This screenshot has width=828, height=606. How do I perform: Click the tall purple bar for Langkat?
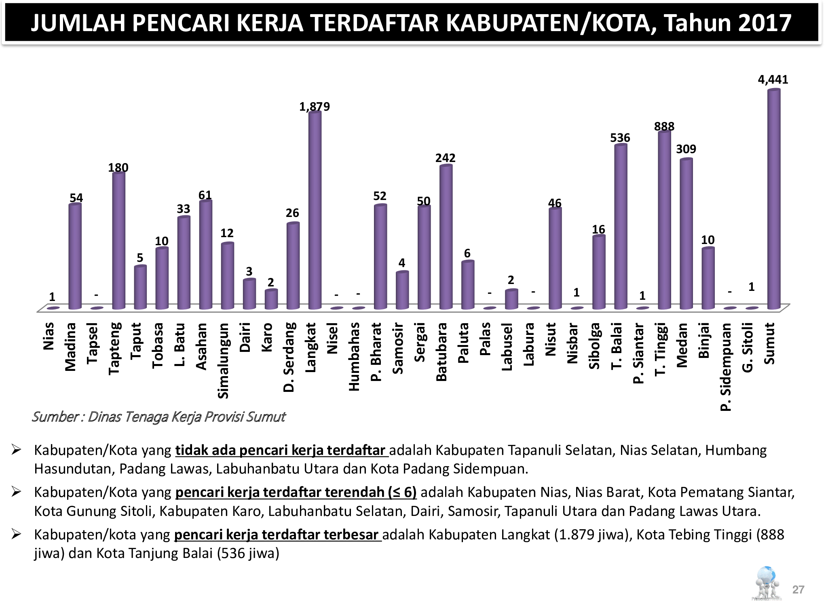pos(315,210)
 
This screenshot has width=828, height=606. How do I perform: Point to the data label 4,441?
pos(773,80)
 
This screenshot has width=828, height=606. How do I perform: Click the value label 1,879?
pos(314,107)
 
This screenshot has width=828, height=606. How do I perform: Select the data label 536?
pos(620,138)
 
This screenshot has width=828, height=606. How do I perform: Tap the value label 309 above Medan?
pos(686,149)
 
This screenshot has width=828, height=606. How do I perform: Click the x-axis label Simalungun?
pos(224,360)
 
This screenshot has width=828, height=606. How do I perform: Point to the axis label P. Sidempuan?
pos(726,367)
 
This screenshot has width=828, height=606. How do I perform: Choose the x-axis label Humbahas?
pos(354,357)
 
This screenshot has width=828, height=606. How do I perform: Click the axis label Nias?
pos(49,336)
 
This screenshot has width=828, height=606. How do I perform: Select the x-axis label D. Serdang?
pos(289,357)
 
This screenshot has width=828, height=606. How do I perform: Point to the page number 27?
pos(798,589)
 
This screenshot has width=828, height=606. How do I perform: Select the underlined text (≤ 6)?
pos(402,492)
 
